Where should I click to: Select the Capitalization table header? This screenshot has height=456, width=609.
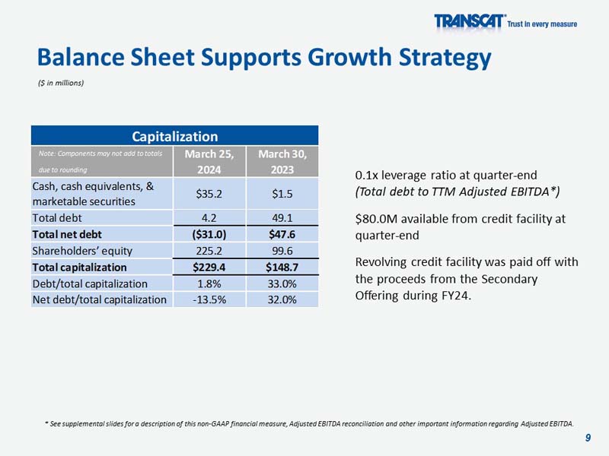coord(174,136)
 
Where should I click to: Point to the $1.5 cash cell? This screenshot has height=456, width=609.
coord(282,193)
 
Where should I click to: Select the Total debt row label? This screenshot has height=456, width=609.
coord(57,218)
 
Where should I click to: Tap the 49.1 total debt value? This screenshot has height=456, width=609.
coord(282,218)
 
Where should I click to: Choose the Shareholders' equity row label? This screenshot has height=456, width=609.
coord(82,251)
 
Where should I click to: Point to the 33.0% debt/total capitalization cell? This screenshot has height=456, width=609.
coord(282,283)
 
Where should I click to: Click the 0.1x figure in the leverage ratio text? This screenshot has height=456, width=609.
coord(368,175)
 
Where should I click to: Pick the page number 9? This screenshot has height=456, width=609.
coord(588,437)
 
